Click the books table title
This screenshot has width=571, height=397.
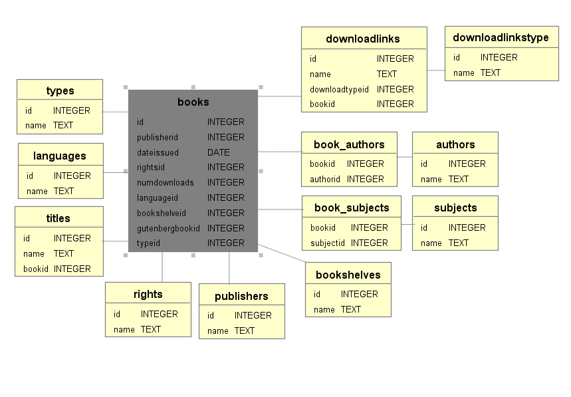point(193,102)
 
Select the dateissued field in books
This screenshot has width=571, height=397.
point(158,152)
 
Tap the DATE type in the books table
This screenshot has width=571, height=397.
point(219,152)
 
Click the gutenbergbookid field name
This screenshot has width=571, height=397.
point(168,228)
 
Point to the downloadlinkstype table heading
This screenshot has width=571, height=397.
point(501,37)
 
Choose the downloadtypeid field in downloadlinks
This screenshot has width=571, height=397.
point(339,89)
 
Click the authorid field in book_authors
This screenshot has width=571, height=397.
point(325,179)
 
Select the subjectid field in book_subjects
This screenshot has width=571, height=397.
point(328,243)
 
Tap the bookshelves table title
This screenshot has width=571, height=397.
point(348,275)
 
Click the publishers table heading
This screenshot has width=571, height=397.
point(241,297)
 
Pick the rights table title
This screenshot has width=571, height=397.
point(148,295)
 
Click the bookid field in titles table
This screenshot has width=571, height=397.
point(36,269)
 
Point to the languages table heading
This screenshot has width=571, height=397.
point(60,156)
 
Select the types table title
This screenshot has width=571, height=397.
point(60,90)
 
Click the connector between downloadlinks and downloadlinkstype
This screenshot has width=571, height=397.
point(436,70)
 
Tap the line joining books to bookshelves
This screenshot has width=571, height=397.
point(281,253)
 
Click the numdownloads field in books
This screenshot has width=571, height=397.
point(166,182)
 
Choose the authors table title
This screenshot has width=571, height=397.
point(455,144)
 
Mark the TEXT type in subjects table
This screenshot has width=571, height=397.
point(459,243)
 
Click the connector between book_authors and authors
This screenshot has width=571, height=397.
point(405,157)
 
